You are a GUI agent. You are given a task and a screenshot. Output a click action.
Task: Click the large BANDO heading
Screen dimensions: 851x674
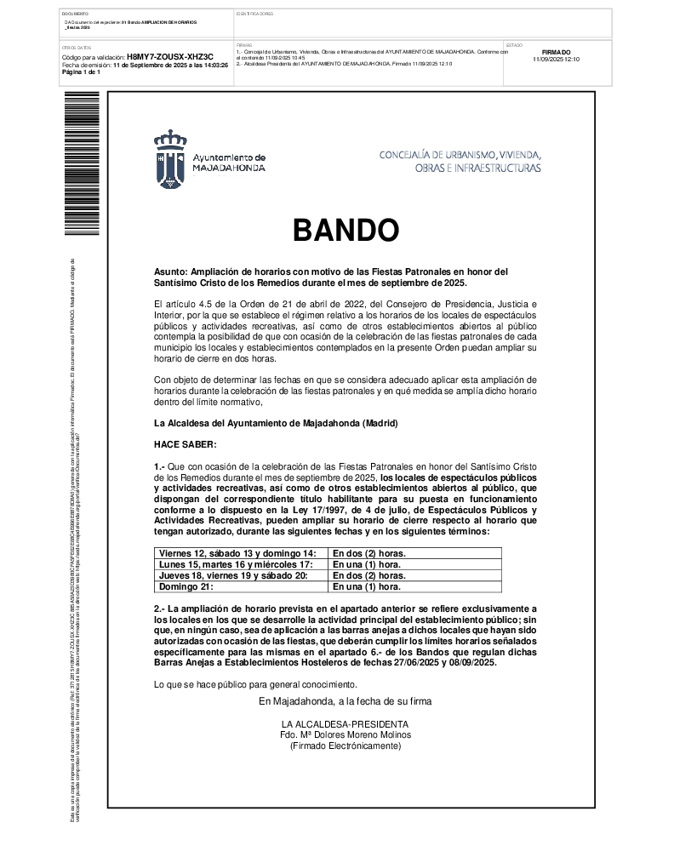pos(346,230)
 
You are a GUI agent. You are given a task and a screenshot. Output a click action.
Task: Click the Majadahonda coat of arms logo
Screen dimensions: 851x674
pos(170,160)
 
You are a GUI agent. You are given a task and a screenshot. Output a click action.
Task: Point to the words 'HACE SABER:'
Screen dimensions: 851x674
pos(185,444)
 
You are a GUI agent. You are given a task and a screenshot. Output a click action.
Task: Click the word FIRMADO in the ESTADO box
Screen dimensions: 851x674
pos(556,53)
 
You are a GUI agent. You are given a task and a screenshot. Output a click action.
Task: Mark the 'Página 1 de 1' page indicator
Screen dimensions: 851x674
pos(81,72)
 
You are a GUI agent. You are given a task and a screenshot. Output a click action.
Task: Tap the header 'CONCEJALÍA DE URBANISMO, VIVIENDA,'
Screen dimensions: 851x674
pos(460,155)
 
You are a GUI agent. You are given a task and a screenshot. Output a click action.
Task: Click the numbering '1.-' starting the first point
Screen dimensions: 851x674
pos(159,466)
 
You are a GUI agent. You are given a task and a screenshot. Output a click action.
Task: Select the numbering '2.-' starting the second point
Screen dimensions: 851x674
pos(159,608)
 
